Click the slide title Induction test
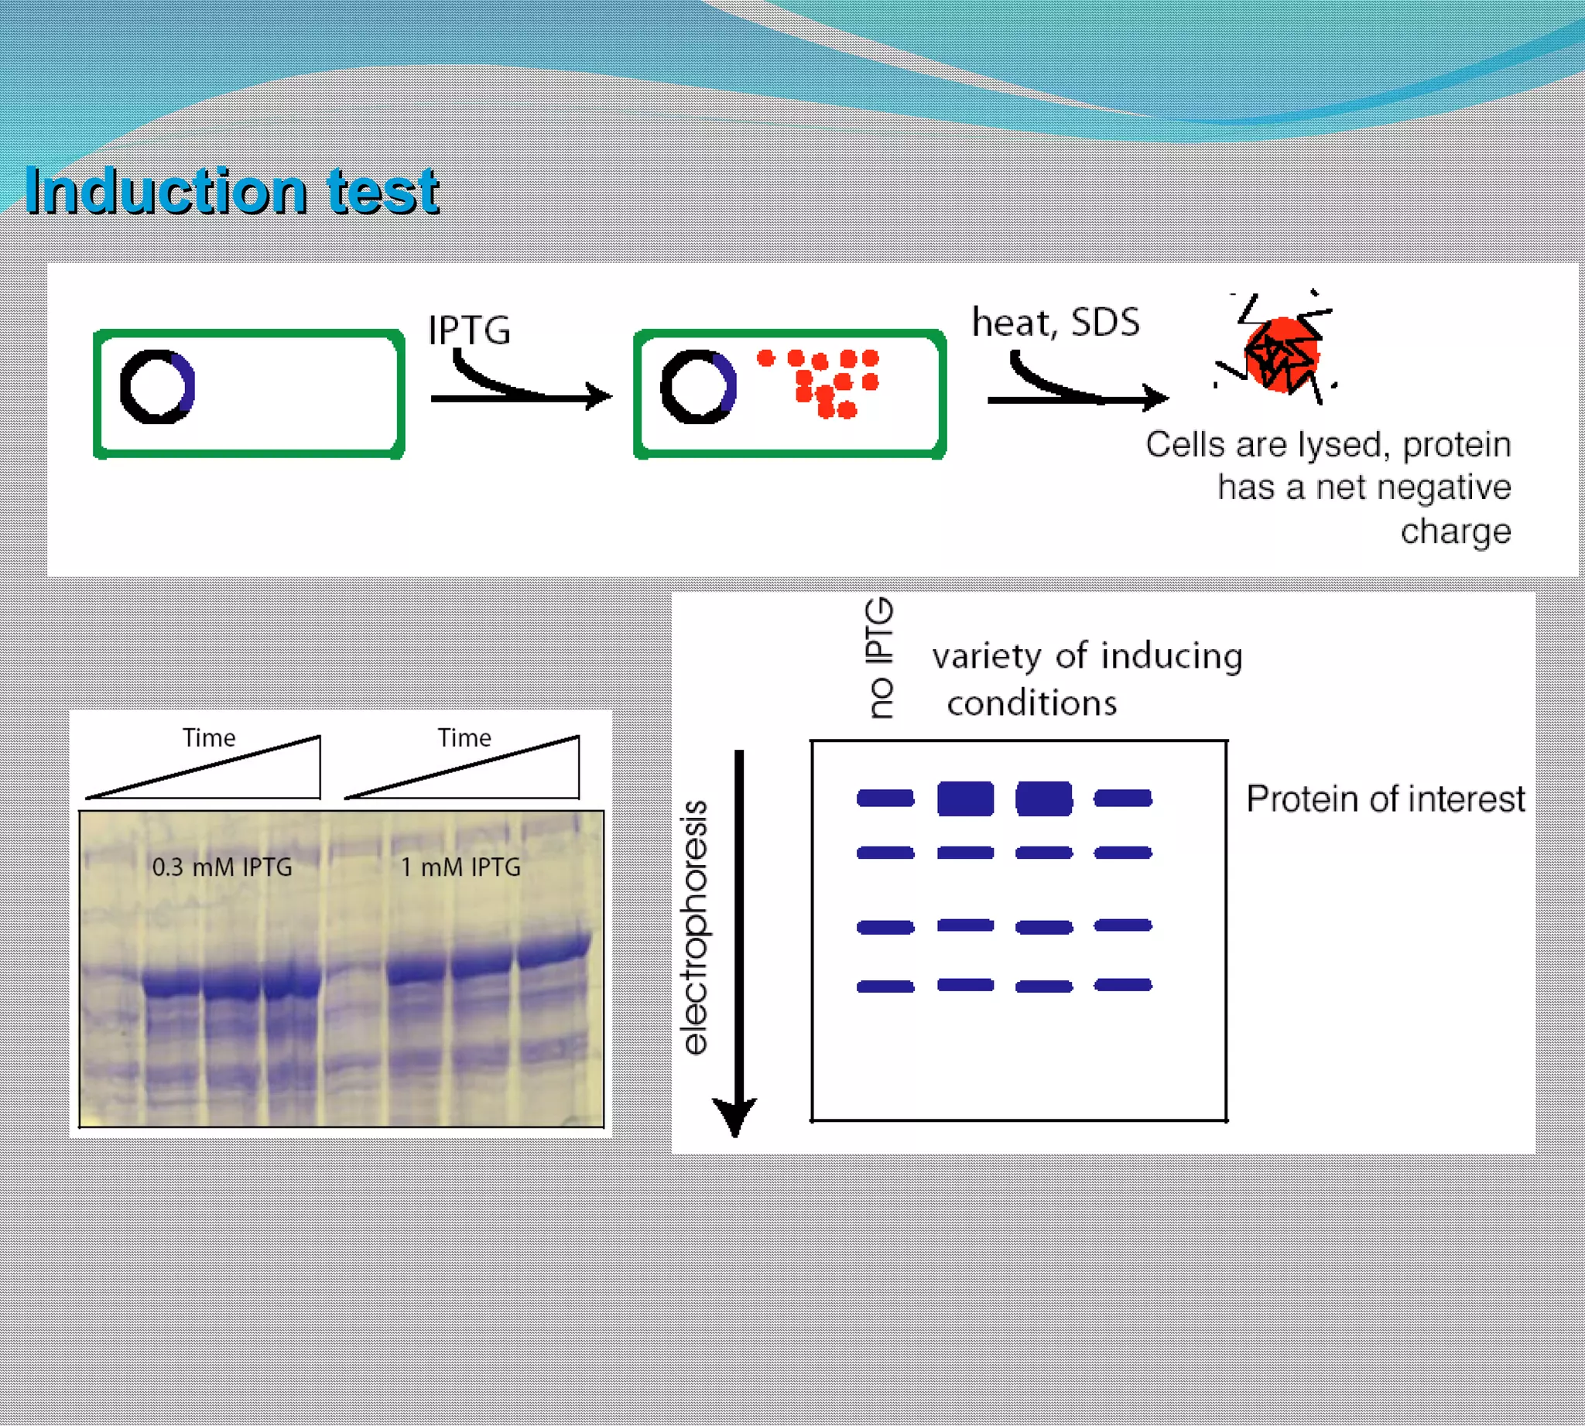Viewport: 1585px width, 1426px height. (x=231, y=191)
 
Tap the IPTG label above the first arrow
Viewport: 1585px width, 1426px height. (x=469, y=330)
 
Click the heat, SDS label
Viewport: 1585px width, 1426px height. (x=1055, y=322)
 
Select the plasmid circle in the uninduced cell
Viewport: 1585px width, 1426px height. (x=157, y=387)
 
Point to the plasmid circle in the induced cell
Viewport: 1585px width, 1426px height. (x=697, y=387)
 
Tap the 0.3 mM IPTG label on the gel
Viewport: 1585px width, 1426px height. (x=222, y=867)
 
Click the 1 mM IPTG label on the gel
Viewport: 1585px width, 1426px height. (x=460, y=867)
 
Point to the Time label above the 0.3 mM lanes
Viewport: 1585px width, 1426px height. (x=208, y=737)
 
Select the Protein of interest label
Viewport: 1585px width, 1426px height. (x=1385, y=799)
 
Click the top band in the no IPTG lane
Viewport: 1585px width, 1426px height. (x=885, y=798)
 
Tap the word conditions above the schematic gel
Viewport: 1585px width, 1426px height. (x=1032, y=703)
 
